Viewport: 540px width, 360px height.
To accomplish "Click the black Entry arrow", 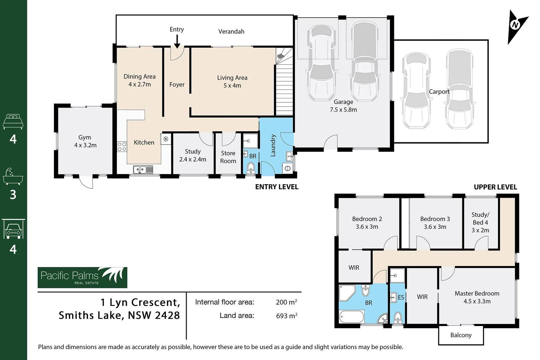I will (x=177, y=42).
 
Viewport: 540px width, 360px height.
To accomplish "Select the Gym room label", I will (x=85, y=137).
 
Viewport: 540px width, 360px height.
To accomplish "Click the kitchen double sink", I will (x=143, y=170).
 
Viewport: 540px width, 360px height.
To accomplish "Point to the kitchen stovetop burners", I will (x=122, y=147).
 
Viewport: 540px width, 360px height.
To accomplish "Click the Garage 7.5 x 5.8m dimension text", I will (x=343, y=110).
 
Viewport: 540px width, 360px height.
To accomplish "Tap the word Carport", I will (x=439, y=92).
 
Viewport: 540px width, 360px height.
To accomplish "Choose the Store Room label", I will (x=228, y=157).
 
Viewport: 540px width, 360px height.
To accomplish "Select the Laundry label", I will (x=273, y=146).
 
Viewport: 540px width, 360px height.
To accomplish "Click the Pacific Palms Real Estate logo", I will (x=82, y=277).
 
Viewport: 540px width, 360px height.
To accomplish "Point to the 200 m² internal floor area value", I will (x=286, y=302).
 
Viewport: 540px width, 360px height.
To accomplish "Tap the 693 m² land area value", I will (x=286, y=316).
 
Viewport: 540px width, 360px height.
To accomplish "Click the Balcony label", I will (x=461, y=335).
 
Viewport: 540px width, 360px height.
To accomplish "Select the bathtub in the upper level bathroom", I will (x=352, y=316).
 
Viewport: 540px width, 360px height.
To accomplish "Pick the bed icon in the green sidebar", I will (x=13, y=122).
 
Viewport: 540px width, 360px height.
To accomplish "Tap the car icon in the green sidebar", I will (x=13, y=229).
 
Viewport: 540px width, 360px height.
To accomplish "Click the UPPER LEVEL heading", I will (x=495, y=187).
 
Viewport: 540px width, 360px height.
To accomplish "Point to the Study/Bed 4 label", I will (x=480, y=222).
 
